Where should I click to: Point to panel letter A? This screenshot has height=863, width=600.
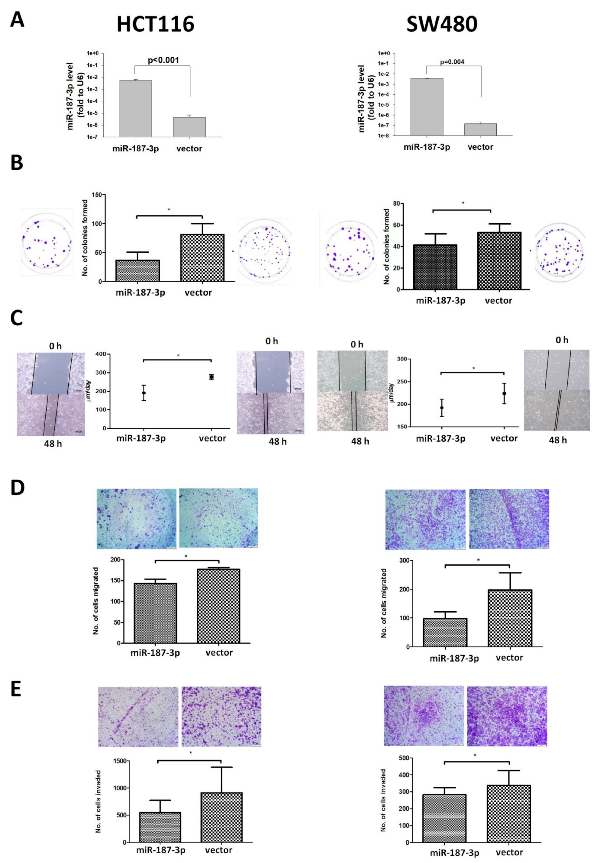tap(17, 20)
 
